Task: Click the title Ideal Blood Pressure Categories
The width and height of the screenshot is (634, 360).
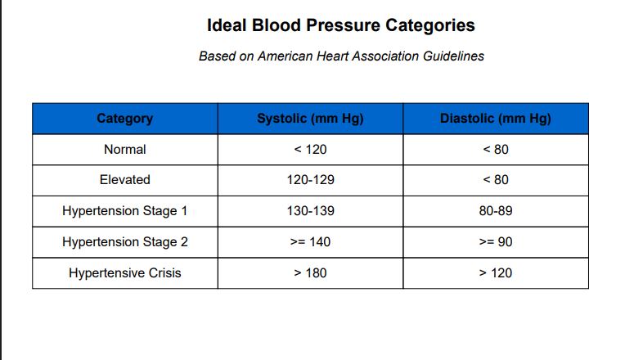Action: tap(341, 25)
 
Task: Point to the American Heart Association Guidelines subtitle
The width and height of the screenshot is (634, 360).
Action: tap(341, 56)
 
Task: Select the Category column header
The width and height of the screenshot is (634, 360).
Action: tap(125, 119)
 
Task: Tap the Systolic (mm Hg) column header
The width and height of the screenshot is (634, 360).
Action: tap(310, 119)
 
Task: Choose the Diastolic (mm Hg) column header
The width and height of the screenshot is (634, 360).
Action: tap(496, 119)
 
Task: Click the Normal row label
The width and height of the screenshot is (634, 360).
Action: tap(125, 150)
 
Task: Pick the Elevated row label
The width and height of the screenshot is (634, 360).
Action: tap(125, 180)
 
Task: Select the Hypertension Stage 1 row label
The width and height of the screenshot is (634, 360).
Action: tap(125, 211)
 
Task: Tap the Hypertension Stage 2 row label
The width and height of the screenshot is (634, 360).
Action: tap(125, 242)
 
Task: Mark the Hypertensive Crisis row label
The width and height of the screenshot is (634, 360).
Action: tap(125, 273)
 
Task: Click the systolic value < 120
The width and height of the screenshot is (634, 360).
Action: tap(310, 150)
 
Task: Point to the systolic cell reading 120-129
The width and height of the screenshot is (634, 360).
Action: tap(310, 180)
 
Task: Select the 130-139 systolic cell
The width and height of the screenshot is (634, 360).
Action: tap(310, 211)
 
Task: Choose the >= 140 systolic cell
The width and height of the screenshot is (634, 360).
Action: tap(310, 242)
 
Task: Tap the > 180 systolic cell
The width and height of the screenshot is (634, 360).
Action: tap(310, 273)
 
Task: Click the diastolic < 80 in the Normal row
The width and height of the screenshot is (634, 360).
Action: tap(496, 150)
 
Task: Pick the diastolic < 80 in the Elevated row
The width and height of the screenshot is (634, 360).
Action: tap(496, 180)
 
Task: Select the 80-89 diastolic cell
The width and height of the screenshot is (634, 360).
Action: tap(496, 211)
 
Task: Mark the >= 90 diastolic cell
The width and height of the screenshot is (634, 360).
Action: tap(496, 242)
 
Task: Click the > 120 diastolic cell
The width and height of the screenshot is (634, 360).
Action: tap(496, 273)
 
